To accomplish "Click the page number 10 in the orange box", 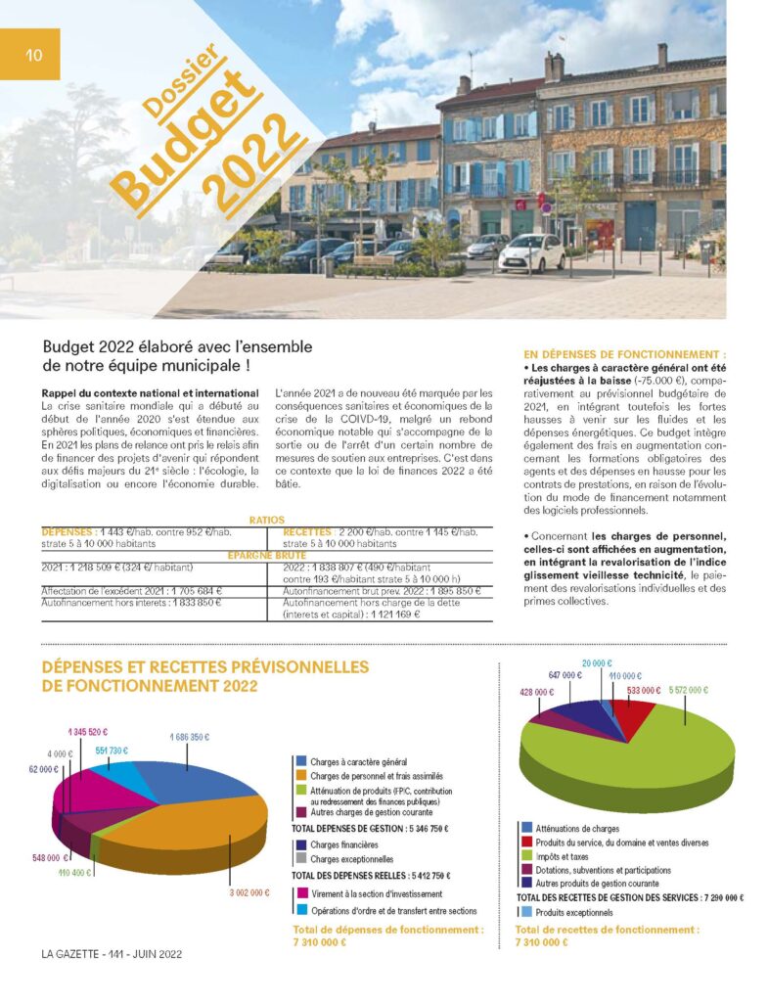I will (x=33, y=55).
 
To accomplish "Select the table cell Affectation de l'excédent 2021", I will (x=133, y=590).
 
